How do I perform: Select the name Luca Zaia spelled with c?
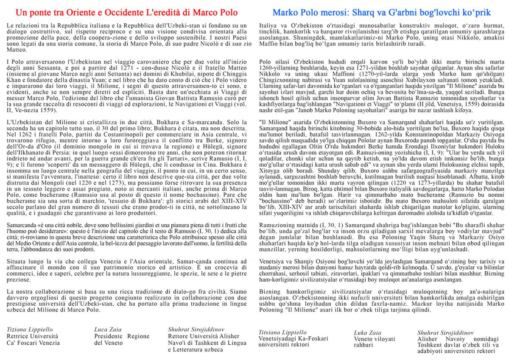coord(108,329)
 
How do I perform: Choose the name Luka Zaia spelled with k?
coord(368,332)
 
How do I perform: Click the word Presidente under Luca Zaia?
coord(108,336)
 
